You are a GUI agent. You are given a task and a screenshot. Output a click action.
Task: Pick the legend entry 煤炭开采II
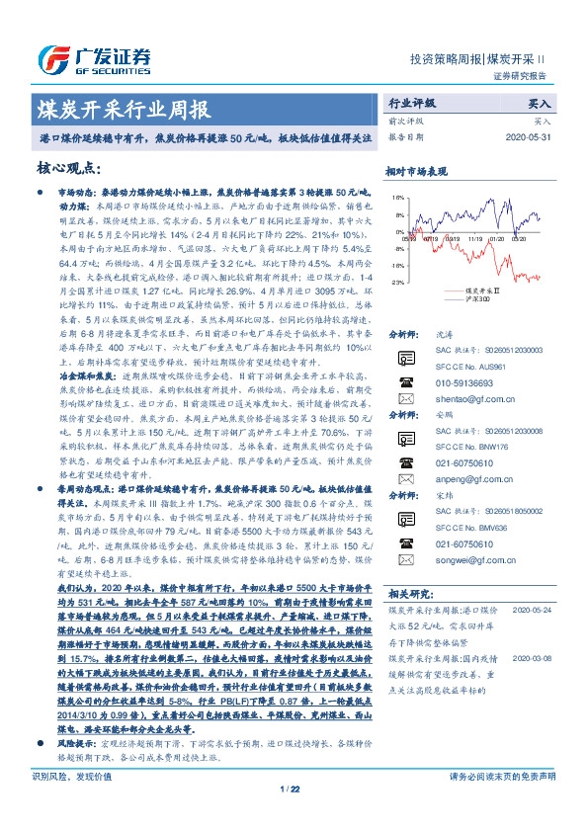(x=481, y=291)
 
